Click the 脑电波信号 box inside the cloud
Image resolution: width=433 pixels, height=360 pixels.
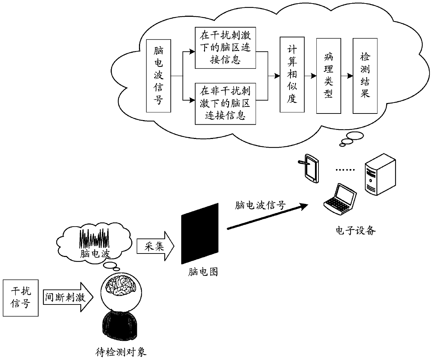(x=159, y=76)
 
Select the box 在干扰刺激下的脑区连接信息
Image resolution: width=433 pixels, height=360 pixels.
(x=225, y=48)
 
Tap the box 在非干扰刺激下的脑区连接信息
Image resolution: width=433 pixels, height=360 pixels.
(x=225, y=104)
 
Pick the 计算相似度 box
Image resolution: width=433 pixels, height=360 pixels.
(x=292, y=75)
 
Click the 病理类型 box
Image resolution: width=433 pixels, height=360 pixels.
(x=329, y=76)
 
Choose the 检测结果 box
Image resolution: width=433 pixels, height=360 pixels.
(x=365, y=76)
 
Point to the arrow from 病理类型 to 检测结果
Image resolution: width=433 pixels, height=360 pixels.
(x=347, y=76)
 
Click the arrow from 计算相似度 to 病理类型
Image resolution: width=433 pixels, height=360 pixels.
(x=310, y=76)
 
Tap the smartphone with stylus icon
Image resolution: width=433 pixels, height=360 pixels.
(x=309, y=168)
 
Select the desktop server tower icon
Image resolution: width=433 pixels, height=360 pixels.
(x=380, y=174)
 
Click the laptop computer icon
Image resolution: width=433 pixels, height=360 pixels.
(x=340, y=199)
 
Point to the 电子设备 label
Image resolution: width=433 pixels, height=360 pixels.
(x=355, y=230)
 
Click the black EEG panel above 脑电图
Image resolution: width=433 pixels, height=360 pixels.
(x=200, y=234)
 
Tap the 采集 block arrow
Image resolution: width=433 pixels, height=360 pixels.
(x=155, y=246)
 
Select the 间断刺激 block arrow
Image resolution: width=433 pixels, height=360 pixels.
(x=68, y=297)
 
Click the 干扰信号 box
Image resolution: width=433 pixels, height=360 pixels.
(x=21, y=298)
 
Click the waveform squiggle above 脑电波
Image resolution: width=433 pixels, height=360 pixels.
(x=94, y=238)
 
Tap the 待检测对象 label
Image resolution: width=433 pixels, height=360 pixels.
(x=121, y=352)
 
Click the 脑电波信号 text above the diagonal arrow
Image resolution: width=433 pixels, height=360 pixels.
(x=260, y=205)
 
